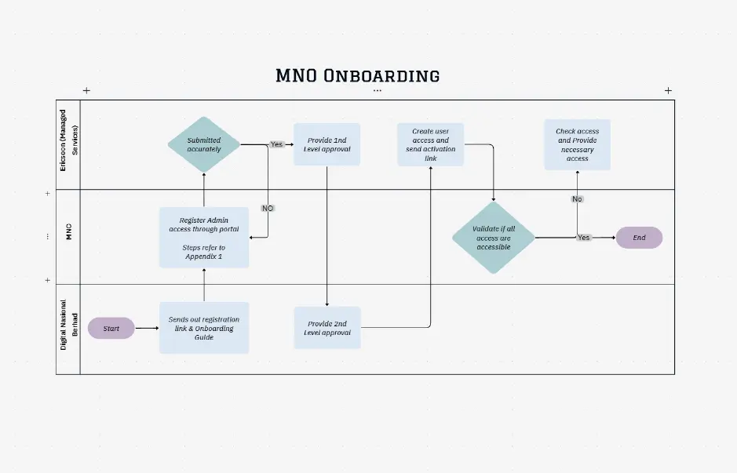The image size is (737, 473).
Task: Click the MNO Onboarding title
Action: pos(357,75)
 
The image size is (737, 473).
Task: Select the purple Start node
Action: pos(111,328)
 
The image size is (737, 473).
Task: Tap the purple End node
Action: pos(639,238)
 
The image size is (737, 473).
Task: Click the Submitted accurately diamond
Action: pos(204,144)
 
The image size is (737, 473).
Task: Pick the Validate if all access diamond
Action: pos(494,238)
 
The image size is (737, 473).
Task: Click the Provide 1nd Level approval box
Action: pos(327,144)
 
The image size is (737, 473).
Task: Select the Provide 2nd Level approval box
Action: pos(327,328)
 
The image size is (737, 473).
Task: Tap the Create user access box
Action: pos(430,144)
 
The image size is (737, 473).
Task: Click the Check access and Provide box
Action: pos(577,144)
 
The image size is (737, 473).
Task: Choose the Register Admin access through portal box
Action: pos(204,238)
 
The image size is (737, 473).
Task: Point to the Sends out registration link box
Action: pos(204,328)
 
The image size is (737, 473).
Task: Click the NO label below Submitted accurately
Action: pos(268,209)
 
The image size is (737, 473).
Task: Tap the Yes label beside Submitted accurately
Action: pos(276,144)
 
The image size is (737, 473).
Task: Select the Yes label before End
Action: pos(583,238)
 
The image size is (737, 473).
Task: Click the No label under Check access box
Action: pos(577,199)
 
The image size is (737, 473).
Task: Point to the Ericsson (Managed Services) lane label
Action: pos(68,144)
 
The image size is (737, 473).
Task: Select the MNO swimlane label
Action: pos(68,233)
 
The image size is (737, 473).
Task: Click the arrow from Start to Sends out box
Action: pos(146,328)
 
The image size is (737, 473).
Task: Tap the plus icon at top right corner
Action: pos(668,90)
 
